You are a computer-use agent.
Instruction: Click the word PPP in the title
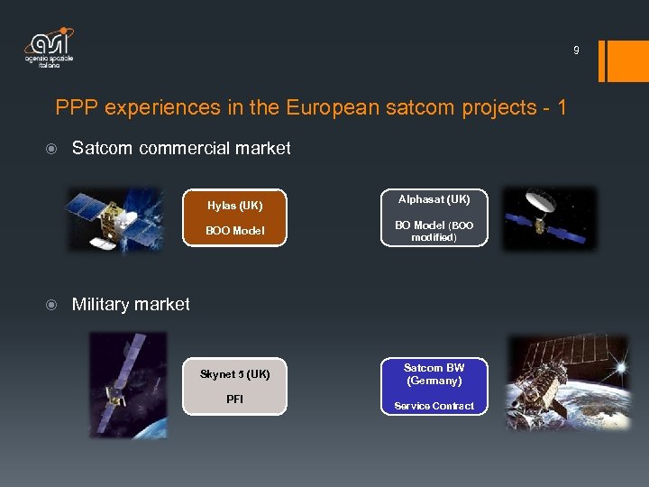(76, 108)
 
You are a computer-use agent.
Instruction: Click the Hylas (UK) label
(234, 206)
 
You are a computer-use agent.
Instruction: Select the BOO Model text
(234, 230)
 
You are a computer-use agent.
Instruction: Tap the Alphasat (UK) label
(434, 198)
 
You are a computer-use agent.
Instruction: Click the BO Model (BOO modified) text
(434, 231)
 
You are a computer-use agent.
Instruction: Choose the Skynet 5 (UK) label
(234, 374)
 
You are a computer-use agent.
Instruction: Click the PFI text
(234, 399)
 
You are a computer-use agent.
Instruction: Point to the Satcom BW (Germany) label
(434, 374)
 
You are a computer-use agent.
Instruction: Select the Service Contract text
(434, 406)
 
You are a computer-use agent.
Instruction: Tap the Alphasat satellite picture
(549, 218)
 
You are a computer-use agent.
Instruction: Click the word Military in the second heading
(101, 305)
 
